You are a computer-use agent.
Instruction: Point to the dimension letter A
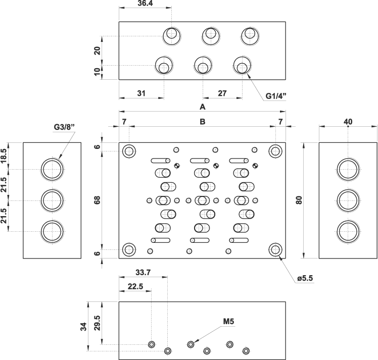pos(203,107)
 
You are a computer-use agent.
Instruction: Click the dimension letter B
pos(203,122)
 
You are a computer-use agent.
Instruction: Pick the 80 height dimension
pos(299,199)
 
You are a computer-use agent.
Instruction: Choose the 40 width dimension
pos(348,121)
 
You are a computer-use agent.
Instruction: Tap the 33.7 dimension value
pos(144,272)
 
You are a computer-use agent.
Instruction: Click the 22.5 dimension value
pos(135,286)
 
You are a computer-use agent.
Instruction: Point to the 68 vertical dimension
pos(97,199)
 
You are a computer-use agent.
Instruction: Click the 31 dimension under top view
pos(141,93)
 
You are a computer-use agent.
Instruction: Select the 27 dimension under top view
pos(222,93)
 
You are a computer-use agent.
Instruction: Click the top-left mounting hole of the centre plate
pos(129,150)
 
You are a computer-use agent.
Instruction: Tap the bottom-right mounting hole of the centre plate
pos(275,249)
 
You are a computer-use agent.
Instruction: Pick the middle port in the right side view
pos(348,200)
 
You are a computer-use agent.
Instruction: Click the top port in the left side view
pos(52,169)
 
